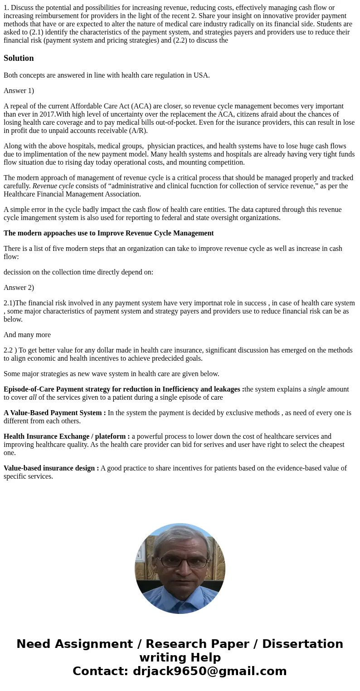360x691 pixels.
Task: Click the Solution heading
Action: [x=19, y=58]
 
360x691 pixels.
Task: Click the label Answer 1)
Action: [x=19, y=91]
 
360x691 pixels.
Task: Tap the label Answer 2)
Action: [x=19, y=288]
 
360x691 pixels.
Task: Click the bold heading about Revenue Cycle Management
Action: [x=108, y=233]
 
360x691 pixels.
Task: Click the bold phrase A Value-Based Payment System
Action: [x=54, y=413]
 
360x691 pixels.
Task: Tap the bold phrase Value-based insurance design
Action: [x=51, y=468]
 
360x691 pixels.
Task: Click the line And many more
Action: [x=27, y=335]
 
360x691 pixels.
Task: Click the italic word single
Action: [x=316, y=389]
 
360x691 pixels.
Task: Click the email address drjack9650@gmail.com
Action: [x=209, y=671]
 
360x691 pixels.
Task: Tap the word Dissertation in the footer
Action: [x=302, y=644]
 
